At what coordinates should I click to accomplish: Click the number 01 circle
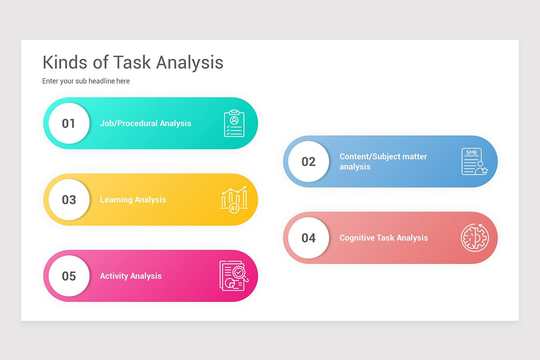coord(69,123)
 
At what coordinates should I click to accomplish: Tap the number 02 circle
coord(309,162)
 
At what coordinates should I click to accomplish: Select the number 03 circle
coord(69,200)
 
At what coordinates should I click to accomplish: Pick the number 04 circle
coord(309,238)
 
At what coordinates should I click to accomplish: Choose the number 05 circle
coord(69,276)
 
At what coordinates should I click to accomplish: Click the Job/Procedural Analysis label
coord(145,123)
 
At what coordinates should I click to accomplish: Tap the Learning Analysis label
coord(133,200)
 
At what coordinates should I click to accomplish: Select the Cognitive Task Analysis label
coord(383,238)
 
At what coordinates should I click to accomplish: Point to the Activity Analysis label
coord(130,276)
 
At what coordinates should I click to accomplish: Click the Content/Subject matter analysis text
coord(383,162)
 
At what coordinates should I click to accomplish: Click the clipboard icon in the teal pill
coord(234,123)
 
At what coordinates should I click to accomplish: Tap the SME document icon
coord(474,162)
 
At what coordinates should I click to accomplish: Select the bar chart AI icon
coord(234,199)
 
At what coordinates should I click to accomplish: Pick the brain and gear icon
coord(474,238)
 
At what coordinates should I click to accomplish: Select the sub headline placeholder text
coord(86,81)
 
